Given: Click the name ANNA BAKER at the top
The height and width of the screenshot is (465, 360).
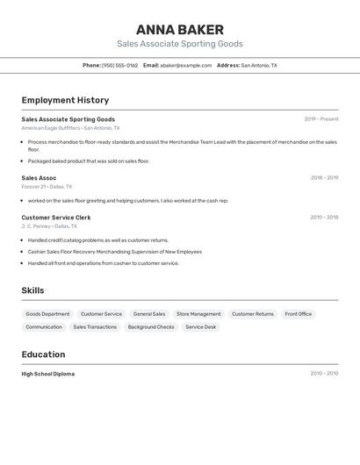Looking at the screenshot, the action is click(x=180, y=30).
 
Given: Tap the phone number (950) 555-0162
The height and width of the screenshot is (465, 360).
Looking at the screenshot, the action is click(x=119, y=65).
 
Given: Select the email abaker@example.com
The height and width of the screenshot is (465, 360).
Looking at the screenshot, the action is click(x=185, y=65).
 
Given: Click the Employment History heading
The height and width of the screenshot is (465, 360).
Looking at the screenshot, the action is click(x=65, y=100).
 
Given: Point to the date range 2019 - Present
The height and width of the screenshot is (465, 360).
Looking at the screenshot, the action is click(x=321, y=119).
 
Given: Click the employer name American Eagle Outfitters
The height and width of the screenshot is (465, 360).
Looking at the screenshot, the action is click(x=50, y=128).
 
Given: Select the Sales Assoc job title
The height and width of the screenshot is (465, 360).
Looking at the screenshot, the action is click(x=39, y=178).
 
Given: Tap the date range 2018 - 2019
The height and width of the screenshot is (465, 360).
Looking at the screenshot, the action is click(x=324, y=178).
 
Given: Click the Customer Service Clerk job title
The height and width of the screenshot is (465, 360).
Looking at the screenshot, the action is click(x=56, y=218).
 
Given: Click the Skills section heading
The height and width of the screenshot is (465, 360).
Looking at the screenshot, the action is click(x=32, y=290).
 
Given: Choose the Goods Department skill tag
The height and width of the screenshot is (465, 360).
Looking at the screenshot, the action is click(x=47, y=314).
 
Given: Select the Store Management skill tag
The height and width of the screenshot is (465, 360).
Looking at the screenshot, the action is click(x=198, y=314).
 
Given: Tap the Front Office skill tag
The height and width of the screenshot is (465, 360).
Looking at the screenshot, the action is click(x=298, y=314).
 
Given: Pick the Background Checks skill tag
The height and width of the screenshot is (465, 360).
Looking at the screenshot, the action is click(x=151, y=327).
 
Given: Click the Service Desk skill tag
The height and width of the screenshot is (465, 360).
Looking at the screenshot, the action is click(x=200, y=327).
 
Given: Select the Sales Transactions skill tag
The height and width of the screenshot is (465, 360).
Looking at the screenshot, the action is click(x=95, y=327).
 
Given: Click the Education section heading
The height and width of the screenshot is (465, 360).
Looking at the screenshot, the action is click(x=43, y=354).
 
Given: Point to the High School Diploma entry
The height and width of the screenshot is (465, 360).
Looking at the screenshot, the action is click(x=48, y=374).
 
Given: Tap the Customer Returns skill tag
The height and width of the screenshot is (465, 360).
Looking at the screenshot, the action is click(x=253, y=314).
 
